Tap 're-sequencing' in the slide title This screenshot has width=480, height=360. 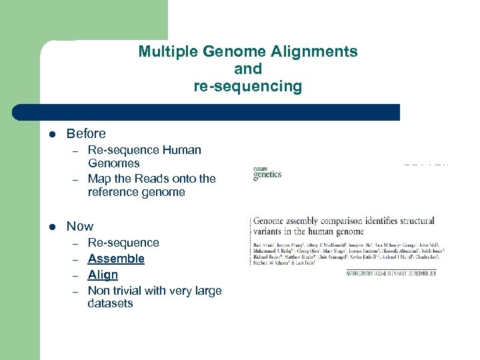[247, 86]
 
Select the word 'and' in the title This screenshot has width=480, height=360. [248, 69]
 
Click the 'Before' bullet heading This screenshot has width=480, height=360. [86, 133]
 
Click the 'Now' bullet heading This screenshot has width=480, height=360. [80, 226]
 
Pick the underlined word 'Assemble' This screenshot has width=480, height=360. [116, 259]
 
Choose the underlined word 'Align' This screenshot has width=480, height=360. [103, 275]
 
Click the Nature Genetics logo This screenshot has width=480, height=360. [267, 173]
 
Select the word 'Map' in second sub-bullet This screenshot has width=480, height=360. [99, 179]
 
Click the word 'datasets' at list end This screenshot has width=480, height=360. [110, 303]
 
